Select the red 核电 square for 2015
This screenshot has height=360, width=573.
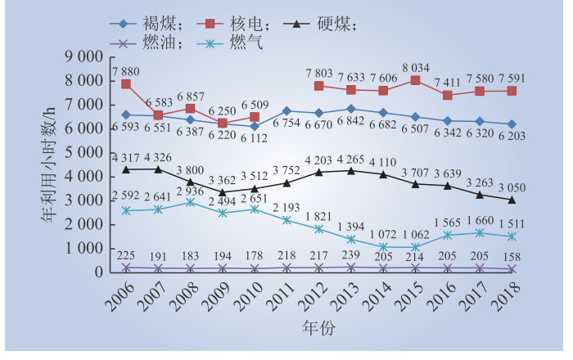[416, 80]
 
